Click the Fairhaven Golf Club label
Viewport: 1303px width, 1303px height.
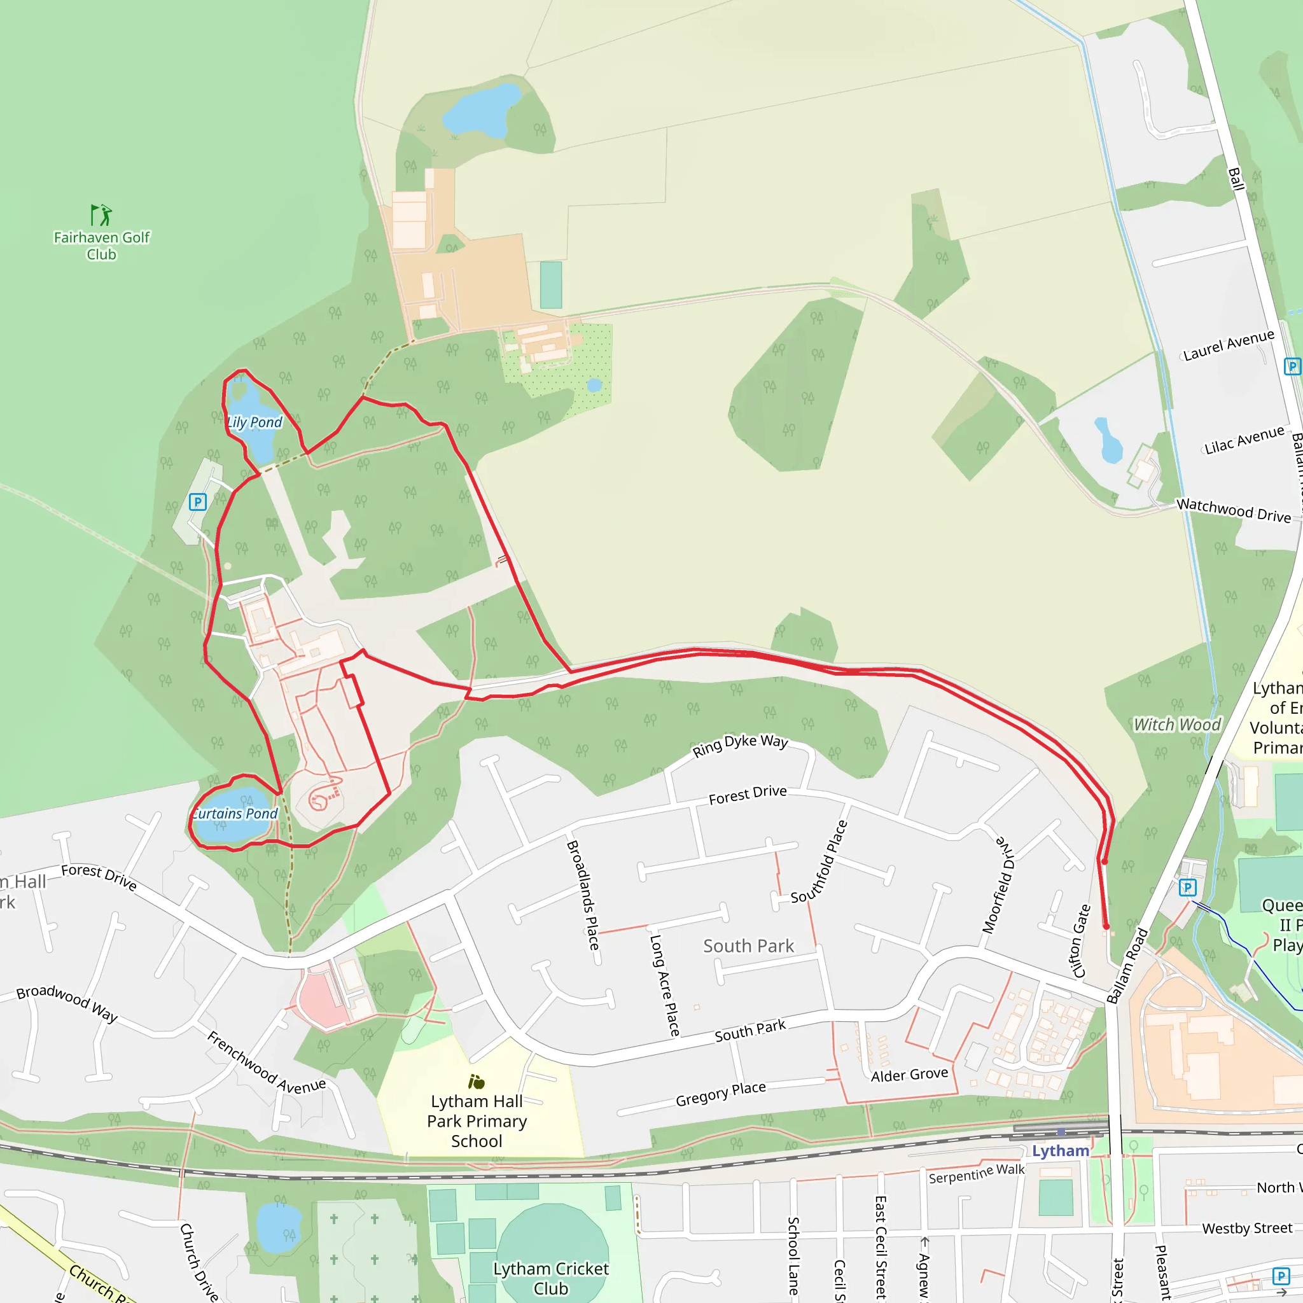[101, 246]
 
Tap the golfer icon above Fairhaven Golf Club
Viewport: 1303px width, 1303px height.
[101, 215]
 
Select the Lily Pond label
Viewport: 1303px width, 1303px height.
[254, 422]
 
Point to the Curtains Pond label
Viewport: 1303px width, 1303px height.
[235, 813]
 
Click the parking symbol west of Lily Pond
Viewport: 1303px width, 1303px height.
[198, 502]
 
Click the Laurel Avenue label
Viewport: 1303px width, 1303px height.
[1229, 345]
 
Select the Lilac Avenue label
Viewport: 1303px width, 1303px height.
[1244, 440]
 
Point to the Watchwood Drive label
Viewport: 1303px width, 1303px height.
[1234, 510]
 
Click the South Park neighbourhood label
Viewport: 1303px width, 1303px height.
[749, 946]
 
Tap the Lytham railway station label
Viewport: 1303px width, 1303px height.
[1060, 1150]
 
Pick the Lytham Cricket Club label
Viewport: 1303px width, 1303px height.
[550, 1278]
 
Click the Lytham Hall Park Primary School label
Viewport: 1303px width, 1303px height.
[477, 1121]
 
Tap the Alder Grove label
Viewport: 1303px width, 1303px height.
[909, 1075]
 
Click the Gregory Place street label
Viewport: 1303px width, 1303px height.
[720, 1094]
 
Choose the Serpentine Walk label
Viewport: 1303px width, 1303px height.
[977, 1173]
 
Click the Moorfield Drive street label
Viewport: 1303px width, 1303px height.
[998, 885]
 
